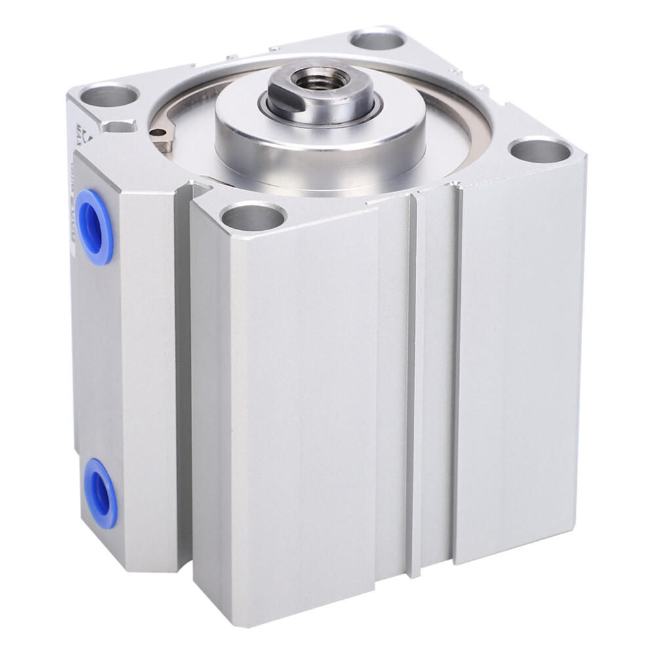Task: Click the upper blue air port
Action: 97,227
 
